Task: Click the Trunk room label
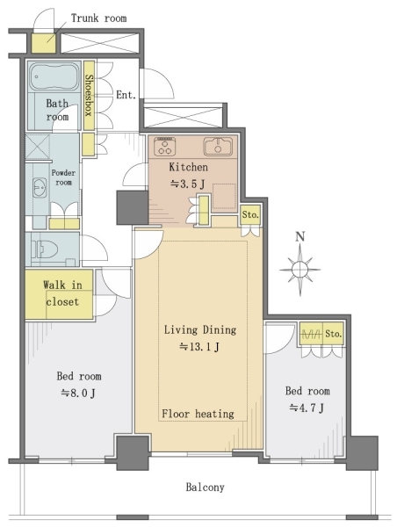pos(99,18)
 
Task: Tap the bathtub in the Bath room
pos(54,77)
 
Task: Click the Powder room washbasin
pos(40,187)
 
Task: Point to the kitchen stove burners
pos(164,147)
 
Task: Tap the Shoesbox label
pos(89,95)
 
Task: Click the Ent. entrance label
pos(126,95)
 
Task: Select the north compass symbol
pos(300,270)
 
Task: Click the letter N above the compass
pos(300,237)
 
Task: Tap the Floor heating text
pos(198,414)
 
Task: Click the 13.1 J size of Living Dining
pos(199,347)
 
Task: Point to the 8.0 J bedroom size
pos(78,393)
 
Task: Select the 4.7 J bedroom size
pos(307,408)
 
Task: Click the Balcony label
pos(205,487)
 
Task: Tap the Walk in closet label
pos(62,293)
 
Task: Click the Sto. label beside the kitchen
pos(250,214)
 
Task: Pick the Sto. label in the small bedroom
pos(334,334)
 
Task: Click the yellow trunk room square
pos(44,43)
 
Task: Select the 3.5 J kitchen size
pos(188,184)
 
